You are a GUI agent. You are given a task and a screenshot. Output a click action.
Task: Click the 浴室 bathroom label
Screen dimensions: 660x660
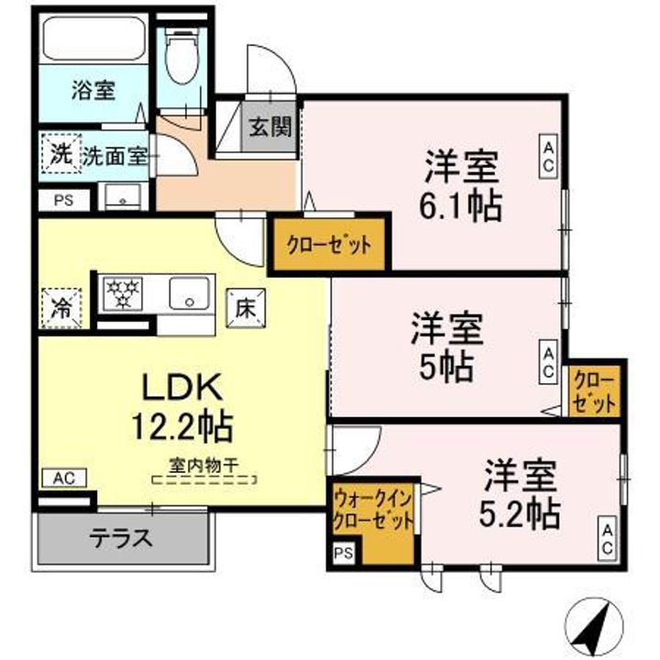click(93, 91)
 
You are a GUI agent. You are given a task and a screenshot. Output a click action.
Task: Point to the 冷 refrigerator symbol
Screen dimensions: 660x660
click(60, 303)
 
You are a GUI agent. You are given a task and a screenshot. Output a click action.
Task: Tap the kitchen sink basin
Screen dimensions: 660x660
click(189, 294)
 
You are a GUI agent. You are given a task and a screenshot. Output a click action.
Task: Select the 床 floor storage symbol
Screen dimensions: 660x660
click(245, 303)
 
